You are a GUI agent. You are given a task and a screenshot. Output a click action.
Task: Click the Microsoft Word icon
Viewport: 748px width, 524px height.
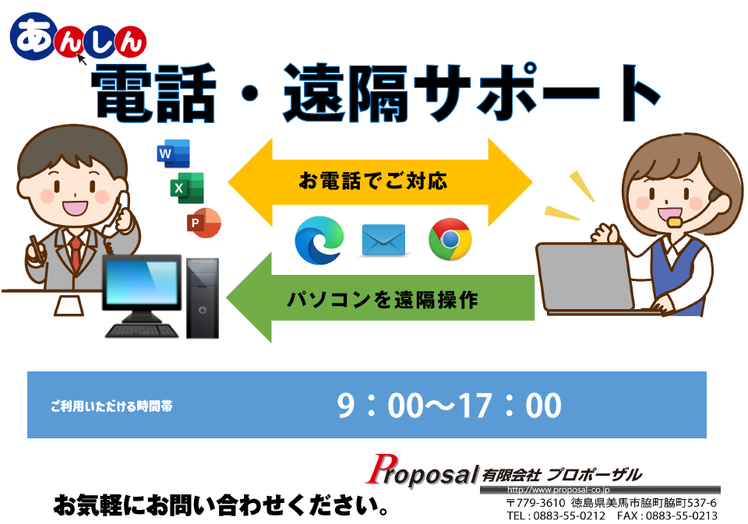[x=173, y=153]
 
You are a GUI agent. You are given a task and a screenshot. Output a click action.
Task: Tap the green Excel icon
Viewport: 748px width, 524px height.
[x=187, y=188]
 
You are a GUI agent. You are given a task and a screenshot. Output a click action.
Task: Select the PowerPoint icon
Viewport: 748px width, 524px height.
[x=203, y=222]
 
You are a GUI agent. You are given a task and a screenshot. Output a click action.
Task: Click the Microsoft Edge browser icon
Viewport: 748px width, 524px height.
[x=319, y=240]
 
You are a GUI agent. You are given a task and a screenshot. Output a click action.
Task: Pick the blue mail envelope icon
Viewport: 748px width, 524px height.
[x=383, y=240]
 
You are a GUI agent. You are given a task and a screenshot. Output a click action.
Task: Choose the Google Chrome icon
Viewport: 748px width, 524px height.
[x=450, y=239]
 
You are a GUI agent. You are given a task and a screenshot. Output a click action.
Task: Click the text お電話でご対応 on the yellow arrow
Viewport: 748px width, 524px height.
[x=373, y=181]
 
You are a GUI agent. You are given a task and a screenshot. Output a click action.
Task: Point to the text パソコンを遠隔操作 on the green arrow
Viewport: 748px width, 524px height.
[x=382, y=300]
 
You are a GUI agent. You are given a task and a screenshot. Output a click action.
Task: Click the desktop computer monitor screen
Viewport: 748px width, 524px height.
[x=142, y=283]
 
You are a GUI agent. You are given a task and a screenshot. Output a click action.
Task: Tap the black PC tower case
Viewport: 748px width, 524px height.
[x=203, y=298]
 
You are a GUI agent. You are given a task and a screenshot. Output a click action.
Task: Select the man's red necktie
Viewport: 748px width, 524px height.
[x=76, y=253]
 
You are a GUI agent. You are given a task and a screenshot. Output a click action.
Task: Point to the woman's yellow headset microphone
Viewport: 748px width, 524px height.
[x=673, y=222]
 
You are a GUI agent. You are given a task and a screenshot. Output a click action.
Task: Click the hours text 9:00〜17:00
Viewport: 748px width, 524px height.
[x=449, y=406]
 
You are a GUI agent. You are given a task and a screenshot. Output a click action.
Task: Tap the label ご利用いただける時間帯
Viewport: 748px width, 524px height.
[x=111, y=406]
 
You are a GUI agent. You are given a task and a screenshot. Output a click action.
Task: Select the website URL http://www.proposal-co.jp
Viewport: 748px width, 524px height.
[x=558, y=490]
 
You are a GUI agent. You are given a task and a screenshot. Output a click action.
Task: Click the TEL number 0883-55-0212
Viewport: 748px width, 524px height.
[x=569, y=516]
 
